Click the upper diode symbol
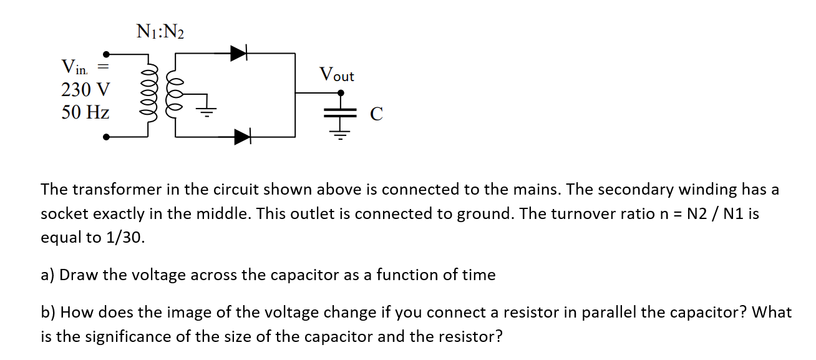pos(239,53)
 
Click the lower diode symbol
pos(242,137)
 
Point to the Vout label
pos(336,75)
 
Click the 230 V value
pos(85,90)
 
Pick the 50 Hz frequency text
pos(85,113)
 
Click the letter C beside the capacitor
pos(376,114)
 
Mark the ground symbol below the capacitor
pos(340,132)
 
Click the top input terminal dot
pos(107,54)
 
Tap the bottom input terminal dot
pos(107,137)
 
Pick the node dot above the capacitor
pos(341,93)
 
